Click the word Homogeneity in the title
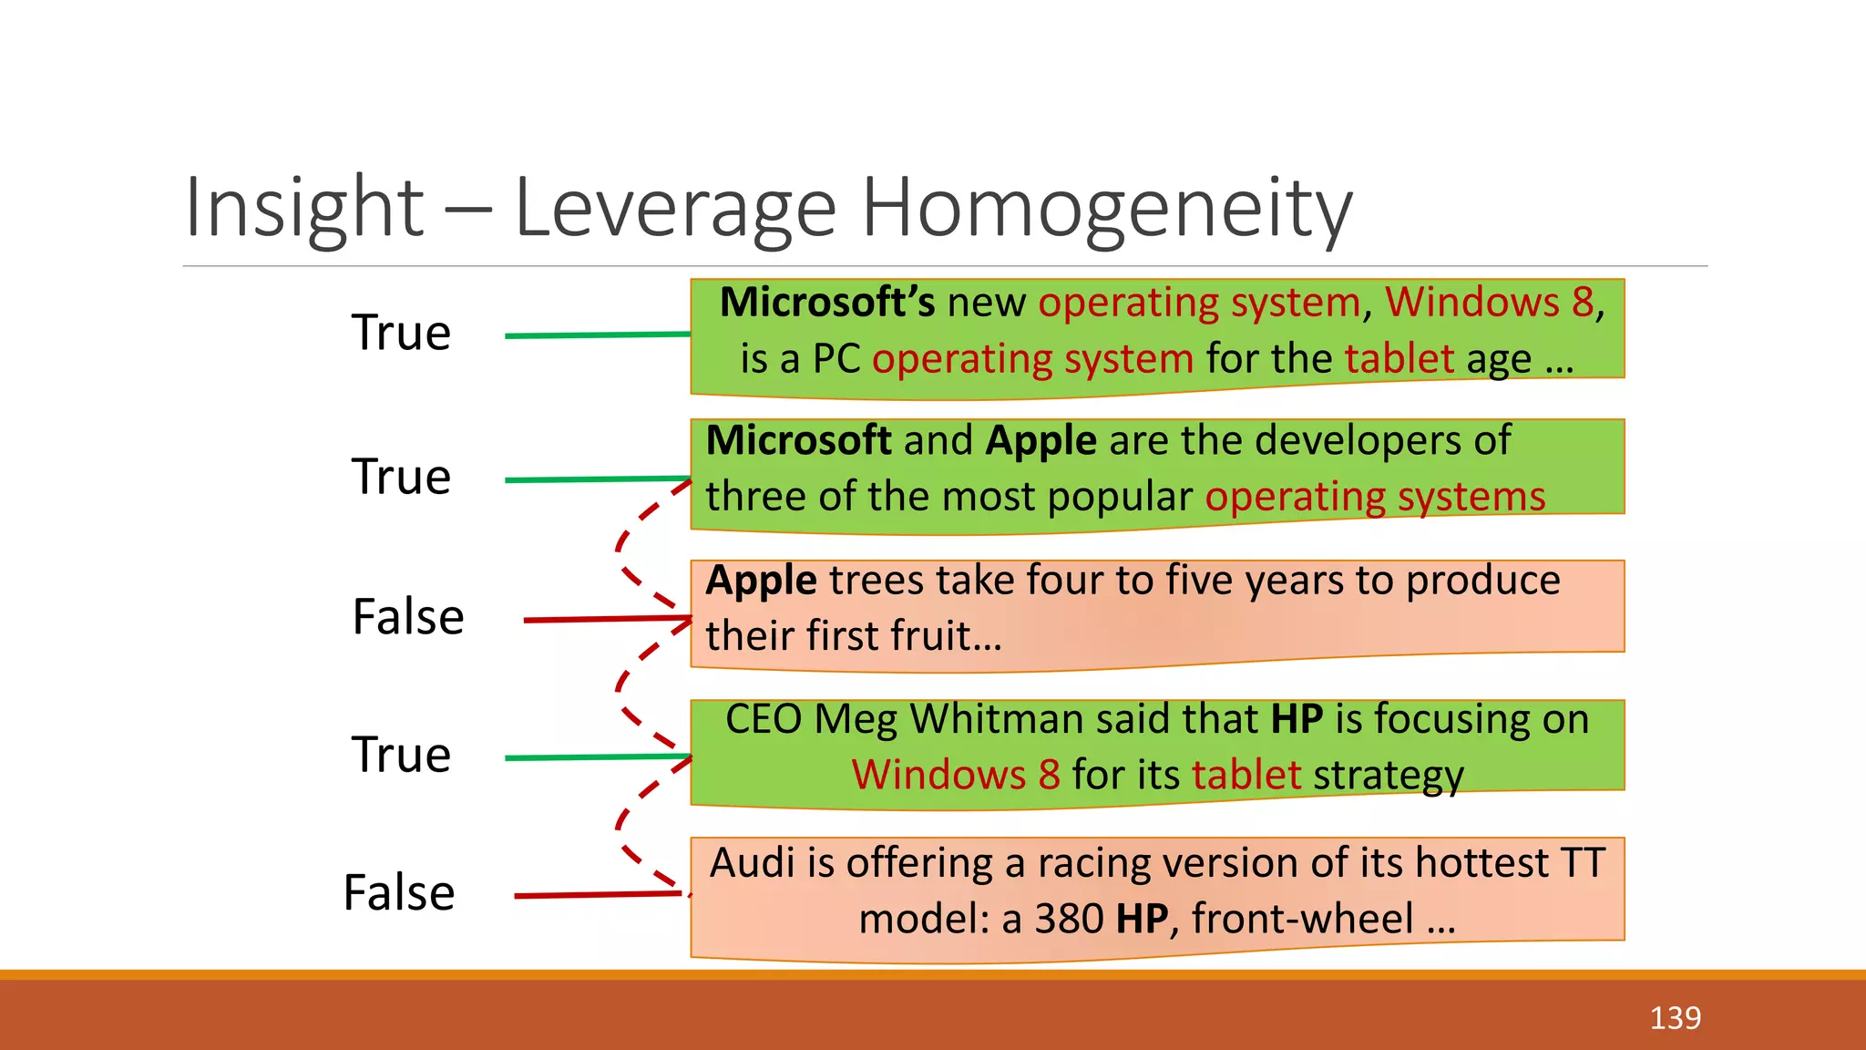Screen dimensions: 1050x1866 (1106, 210)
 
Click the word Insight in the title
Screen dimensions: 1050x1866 (304, 208)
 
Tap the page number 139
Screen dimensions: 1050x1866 (1675, 1017)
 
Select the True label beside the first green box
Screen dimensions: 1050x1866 (401, 333)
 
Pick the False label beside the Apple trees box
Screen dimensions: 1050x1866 (408, 617)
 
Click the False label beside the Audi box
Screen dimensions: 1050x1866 (399, 892)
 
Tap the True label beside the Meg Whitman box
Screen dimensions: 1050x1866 (401, 755)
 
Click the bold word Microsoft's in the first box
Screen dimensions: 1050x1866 (826, 303)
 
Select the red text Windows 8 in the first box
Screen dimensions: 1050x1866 (1489, 303)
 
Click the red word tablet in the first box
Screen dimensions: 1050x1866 (1399, 359)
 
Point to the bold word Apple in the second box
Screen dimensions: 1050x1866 (1041, 441)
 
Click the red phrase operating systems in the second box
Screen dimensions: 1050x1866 (1375, 498)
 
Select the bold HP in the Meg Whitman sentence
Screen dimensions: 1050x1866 (1297, 719)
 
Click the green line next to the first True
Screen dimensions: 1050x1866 (597, 335)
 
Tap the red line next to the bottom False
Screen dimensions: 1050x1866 (597, 895)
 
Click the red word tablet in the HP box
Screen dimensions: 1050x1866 (1246, 776)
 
